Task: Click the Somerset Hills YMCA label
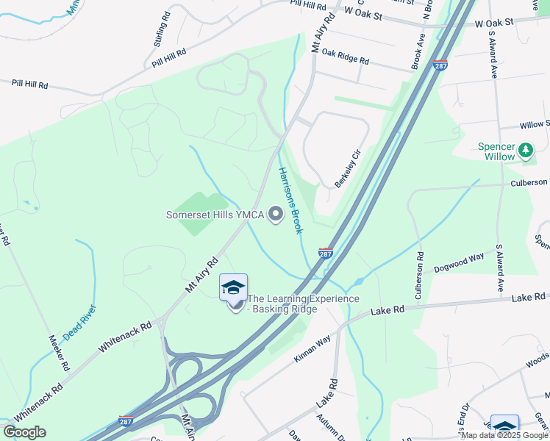pyautogui.click(x=215, y=215)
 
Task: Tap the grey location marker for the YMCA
pyautogui.click(x=276, y=215)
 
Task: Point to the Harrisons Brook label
pyautogui.click(x=290, y=200)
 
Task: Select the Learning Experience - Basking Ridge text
pyautogui.click(x=303, y=304)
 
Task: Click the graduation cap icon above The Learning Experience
pyautogui.click(x=233, y=287)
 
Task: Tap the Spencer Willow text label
pyautogui.click(x=498, y=151)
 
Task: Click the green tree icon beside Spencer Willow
pyautogui.click(x=526, y=151)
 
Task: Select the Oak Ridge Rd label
pyautogui.click(x=345, y=56)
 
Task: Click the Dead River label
pyautogui.click(x=80, y=322)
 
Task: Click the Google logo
pyautogui.click(x=24, y=432)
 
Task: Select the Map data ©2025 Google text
pyautogui.click(x=504, y=435)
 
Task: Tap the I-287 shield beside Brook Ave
pyautogui.click(x=440, y=65)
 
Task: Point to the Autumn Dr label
pyautogui.click(x=324, y=427)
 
